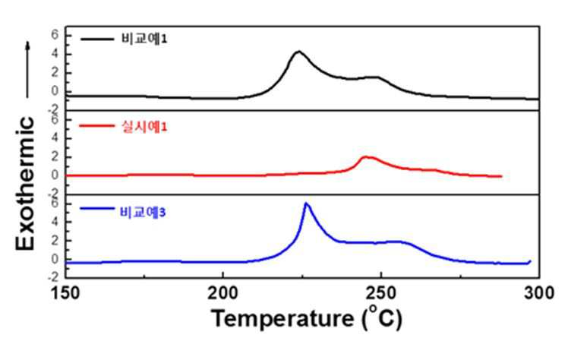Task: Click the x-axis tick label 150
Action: tap(65, 293)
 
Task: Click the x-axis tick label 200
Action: tap(222, 293)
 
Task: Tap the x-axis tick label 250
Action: tap(380, 293)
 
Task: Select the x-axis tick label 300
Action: tap(539, 293)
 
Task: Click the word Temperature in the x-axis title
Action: tap(283, 319)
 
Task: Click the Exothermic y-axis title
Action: tap(25, 183)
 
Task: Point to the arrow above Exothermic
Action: tap(27, 70)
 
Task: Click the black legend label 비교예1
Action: tap(144, 39)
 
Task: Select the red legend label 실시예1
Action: tap(144, 127)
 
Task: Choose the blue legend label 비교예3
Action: tap(143, 212)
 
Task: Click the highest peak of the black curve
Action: tap(298, 52)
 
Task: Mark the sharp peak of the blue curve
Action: tap(306, 204)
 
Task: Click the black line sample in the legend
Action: tap(97, 39)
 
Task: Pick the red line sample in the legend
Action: tap(96, 126)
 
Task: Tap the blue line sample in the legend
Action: tap(96, 208)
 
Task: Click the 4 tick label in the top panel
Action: tap(55, 54)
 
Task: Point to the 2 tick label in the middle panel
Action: tap(55, 157)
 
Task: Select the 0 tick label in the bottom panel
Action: tap(55, 259)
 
